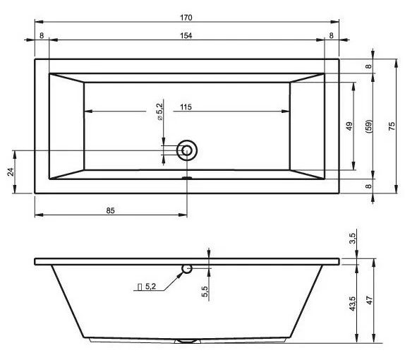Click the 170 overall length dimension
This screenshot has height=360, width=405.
point(186,18)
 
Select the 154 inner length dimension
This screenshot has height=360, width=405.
point(186,36)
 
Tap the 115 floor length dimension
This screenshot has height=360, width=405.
point(186,107)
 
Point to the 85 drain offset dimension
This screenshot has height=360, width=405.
point(110,210)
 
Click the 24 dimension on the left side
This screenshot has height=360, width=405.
point(11,172)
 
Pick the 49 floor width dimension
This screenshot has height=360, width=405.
point(349,126)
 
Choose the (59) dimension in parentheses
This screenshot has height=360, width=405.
point(369,126)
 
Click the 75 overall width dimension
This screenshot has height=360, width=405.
point(392,126)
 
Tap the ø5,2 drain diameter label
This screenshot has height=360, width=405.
point(159,112)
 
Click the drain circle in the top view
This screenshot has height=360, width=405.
point(187,150)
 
